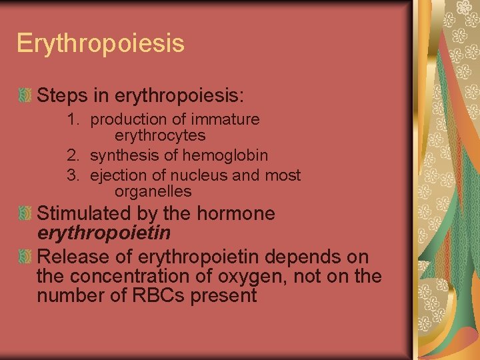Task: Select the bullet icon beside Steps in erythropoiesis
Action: click(25, 97)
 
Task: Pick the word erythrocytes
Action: click(160, 136)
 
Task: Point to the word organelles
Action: click(153, 192)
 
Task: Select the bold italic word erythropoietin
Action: click(103, 233)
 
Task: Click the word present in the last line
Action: click(223, 295)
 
